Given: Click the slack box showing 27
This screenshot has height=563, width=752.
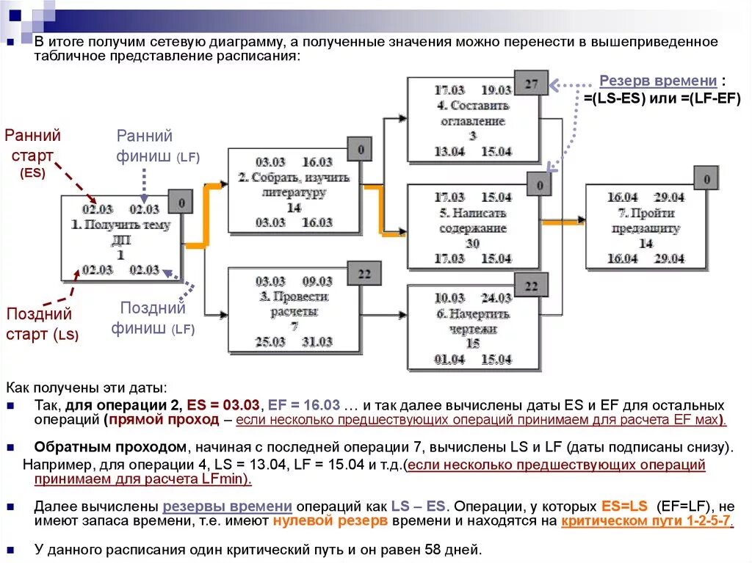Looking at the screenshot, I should pos(531,84).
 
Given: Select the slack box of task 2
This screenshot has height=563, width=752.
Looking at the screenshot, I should pos(360,150).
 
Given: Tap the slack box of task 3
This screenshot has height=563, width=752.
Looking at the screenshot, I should pos(364,274).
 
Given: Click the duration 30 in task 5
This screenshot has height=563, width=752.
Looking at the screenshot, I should pos(471,244).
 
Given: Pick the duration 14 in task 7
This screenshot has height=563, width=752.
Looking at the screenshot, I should pos(646,244).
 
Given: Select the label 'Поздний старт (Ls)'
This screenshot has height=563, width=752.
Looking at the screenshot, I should pos(41,324).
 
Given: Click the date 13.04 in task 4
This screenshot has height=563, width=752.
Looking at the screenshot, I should pos(449,151).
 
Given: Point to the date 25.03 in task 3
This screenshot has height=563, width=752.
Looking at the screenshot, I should pos(270,342).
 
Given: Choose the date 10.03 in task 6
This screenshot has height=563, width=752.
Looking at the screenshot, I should pos(449,298).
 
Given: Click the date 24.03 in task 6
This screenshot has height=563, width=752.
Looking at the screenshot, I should pos(496,298).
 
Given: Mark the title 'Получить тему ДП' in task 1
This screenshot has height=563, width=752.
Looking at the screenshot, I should pos(120,233).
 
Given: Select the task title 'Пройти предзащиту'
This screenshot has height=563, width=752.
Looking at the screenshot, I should pos(646,221).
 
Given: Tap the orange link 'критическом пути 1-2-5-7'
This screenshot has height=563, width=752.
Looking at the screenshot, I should pos(646,521).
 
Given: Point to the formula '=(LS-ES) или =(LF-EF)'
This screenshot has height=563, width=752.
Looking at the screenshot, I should pos(662,99).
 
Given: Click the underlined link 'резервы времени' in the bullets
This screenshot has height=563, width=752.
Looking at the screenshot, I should pos(228,506).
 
